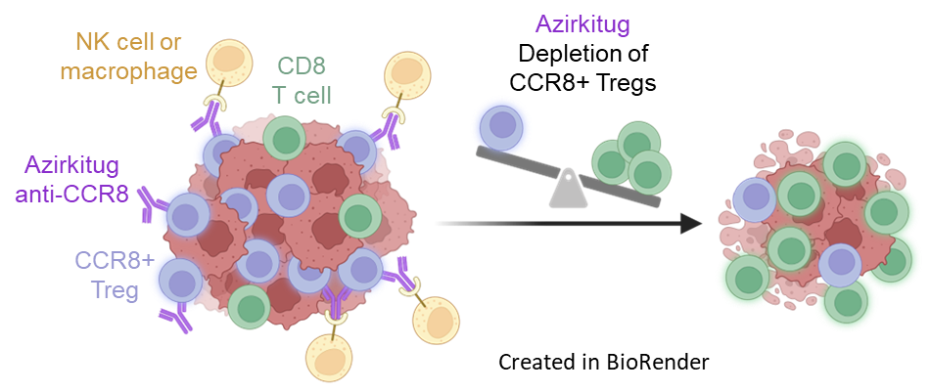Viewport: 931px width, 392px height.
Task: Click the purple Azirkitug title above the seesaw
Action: click(582, 24)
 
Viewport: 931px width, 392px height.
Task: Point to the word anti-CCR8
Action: click(72, 193)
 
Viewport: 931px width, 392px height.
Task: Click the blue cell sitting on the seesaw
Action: click(502, 126)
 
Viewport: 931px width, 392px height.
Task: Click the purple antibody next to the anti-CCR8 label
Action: click(152, 201)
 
